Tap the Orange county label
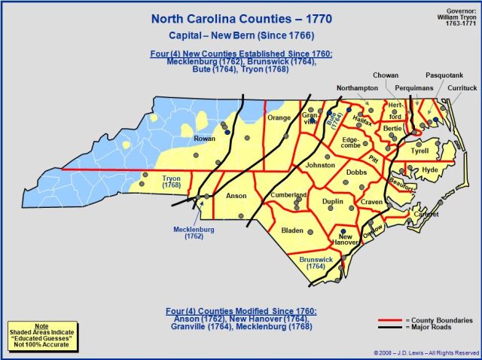point(279,117)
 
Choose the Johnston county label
point(320,165)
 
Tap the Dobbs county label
point(356,172)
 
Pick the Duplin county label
point(332,202)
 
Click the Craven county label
point(372,203)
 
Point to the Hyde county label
point(430,170)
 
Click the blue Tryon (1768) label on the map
point(172,181)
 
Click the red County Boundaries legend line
point(389,319)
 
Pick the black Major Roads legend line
point(389,328)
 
